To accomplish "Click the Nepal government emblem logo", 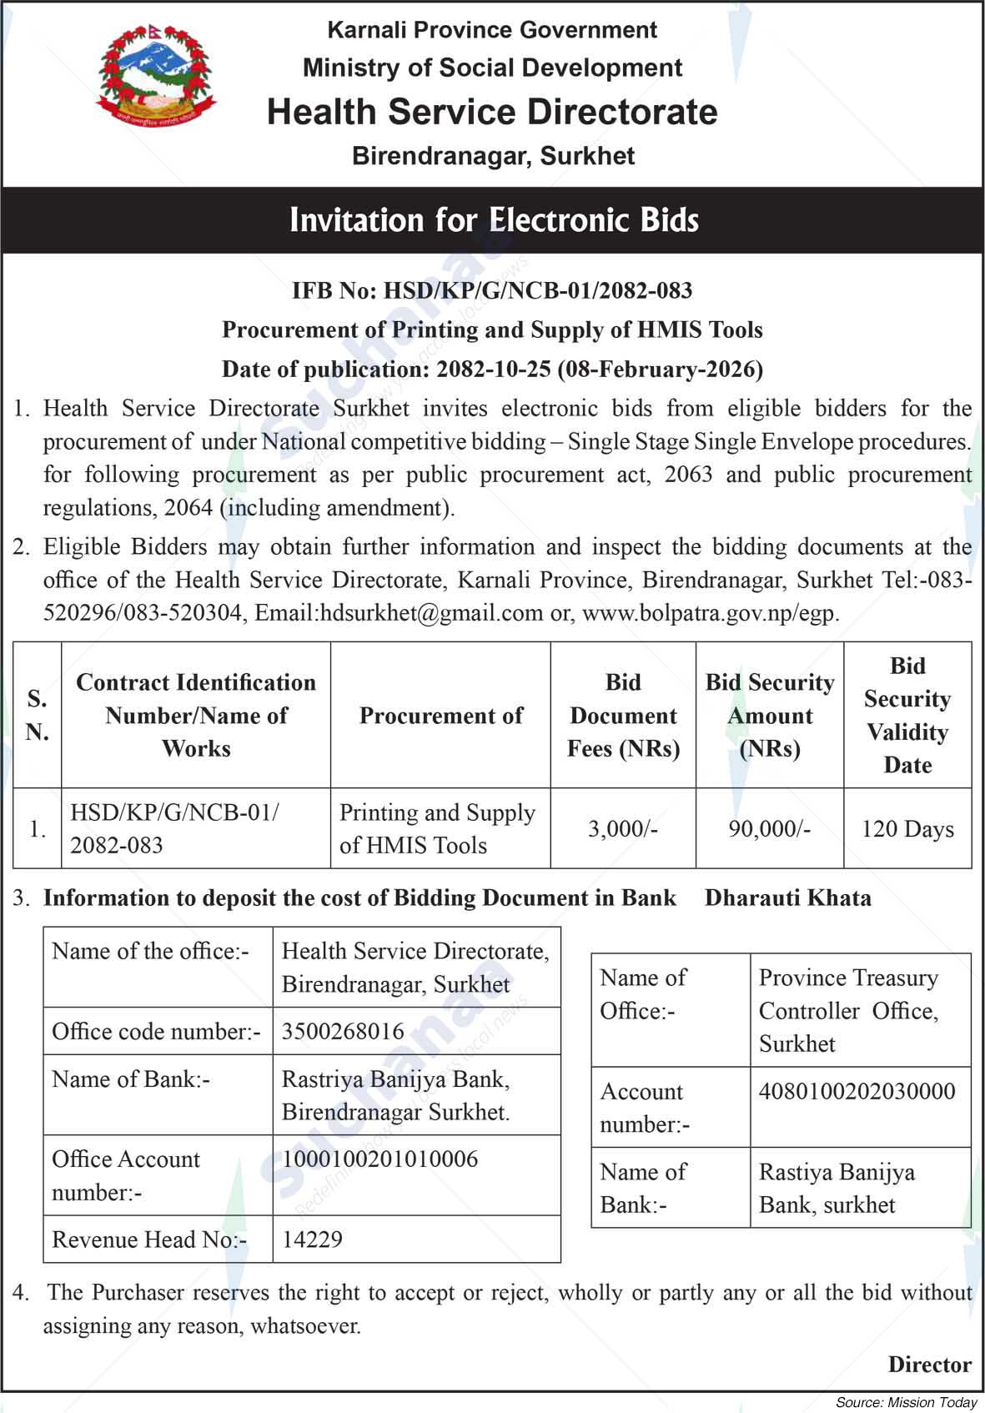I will [x=155, y=76].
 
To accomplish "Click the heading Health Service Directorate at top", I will [x=492, y=112].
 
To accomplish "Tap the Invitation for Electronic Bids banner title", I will [x=493, y=220].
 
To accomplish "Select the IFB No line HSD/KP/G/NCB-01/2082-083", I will [x=492, y=290].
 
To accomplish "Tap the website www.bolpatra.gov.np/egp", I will [x=708, y=613].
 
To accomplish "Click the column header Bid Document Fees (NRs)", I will [x=623, y=715].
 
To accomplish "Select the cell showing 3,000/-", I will [x=623, y=828].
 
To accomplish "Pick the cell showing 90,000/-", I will [x=769, y=828].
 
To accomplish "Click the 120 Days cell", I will [x=907, y=828].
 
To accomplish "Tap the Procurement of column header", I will [x=440, y=715].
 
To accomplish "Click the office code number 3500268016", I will [x=343, y=1031].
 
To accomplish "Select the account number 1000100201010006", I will [x=379, y=1159].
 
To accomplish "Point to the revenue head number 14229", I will [x=312, y=1239].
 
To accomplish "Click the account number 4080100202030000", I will [x=857, y=1091].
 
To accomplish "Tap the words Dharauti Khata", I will [x=787, y=898].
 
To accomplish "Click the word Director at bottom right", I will [x=929, y=1365].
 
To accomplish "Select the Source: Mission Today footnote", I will [x=907, y=1403].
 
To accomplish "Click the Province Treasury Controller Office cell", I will [x=848, y=1010].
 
